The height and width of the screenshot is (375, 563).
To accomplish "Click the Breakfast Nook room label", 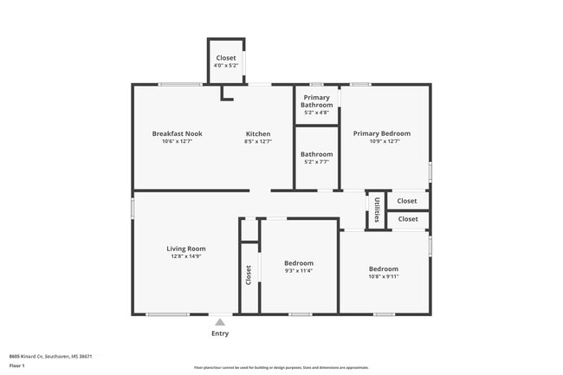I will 177,134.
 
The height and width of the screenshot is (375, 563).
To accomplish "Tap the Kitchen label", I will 258,134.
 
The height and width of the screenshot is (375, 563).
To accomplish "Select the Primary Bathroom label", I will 317,102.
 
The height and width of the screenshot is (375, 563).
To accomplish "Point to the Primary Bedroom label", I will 382,134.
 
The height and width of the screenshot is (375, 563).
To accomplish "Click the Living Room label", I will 186,249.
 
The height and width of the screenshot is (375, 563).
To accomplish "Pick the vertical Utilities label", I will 377,210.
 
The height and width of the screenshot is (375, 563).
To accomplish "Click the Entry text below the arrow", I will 220,333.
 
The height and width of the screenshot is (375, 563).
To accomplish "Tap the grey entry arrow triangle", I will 220,321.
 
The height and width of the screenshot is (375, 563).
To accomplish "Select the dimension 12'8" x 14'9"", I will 186,256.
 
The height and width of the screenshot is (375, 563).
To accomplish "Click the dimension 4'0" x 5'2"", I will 225,65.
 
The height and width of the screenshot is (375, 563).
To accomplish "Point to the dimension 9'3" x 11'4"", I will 299,270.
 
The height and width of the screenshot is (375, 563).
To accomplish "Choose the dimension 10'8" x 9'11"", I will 383,276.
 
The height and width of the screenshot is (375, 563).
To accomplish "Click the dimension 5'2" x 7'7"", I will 317,162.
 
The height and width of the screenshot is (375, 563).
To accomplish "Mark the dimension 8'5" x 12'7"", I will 258,142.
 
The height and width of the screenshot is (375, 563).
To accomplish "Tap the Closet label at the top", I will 225,57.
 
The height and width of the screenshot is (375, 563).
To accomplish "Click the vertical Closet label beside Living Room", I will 249,275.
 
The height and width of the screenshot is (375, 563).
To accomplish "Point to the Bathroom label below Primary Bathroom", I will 317,154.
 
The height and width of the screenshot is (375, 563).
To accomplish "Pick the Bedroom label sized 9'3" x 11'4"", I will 299,262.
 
